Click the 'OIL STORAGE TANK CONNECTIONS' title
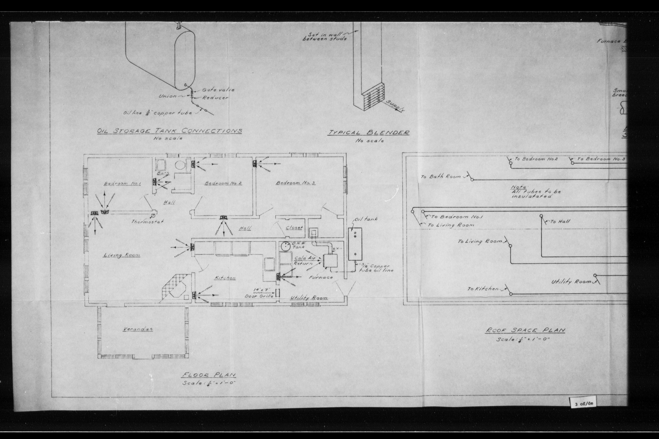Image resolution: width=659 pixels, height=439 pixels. [x=169, y=131]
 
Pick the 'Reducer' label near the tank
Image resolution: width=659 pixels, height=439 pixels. [x=215, y=98]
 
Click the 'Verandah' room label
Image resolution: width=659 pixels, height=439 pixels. [x=138, y=329]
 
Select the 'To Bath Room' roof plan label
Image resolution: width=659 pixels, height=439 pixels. [x=441, y=177]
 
